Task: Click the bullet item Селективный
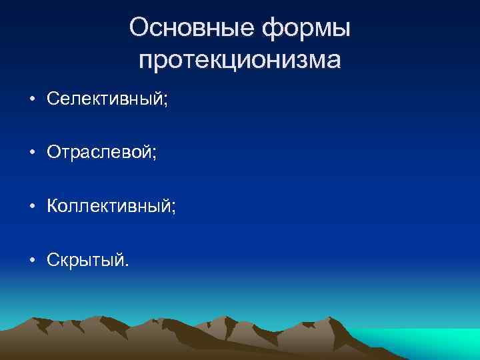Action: [x=107, y=99]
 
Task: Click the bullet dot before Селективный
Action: [x=32, y=100]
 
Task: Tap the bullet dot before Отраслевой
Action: [x=32, y=153]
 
